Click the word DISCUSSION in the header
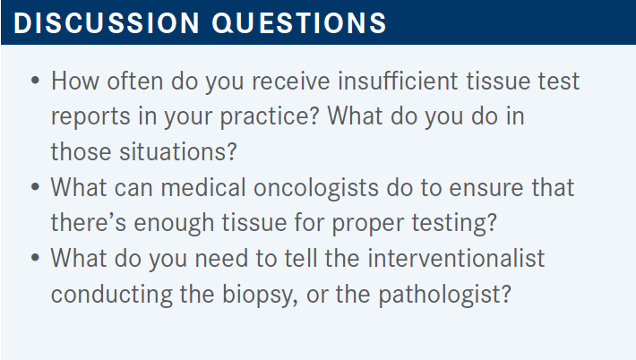point(107,22)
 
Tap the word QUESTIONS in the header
point(299,22)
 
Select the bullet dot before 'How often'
point(35,81)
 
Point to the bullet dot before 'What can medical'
point(35,187)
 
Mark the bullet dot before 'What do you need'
point(35,258)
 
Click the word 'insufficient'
point(398,81)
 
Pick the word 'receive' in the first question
point(291,81)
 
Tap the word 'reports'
point(90,117)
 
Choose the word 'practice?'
point(270,117)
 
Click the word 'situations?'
point(177,151)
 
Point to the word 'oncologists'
point(316,189)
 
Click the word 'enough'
point(174,224)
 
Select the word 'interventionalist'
point(456,258)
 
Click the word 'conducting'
point(112,295)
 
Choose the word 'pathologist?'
point(444,295)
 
